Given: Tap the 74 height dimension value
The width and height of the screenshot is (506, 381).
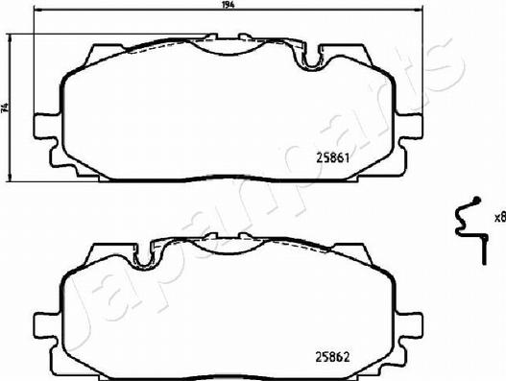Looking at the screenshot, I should [x=5, y=108].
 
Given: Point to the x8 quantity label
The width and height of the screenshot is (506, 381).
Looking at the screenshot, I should [x=498, y=217].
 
